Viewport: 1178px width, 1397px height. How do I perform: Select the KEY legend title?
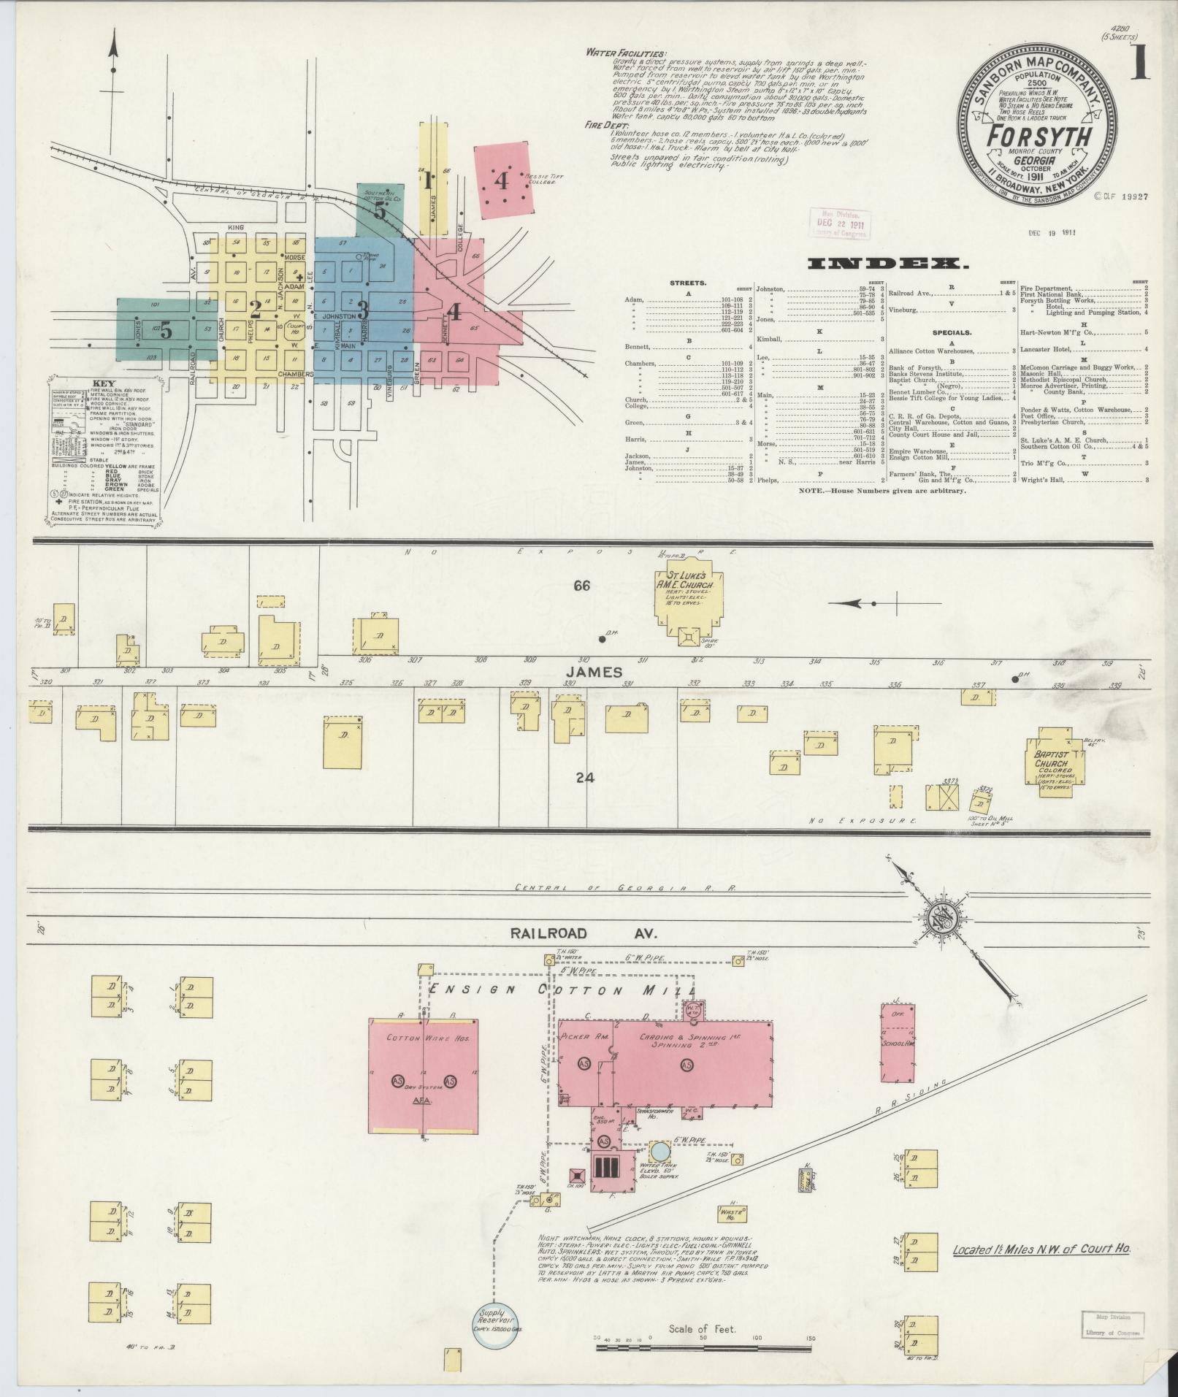(104, 383)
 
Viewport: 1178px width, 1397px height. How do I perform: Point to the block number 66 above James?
(581, 586)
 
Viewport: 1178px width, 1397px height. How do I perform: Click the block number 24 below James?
(584, 778)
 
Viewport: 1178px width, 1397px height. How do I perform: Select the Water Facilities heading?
(625, 54)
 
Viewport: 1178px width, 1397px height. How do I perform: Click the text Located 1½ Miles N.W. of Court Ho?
(1041, 1249)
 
